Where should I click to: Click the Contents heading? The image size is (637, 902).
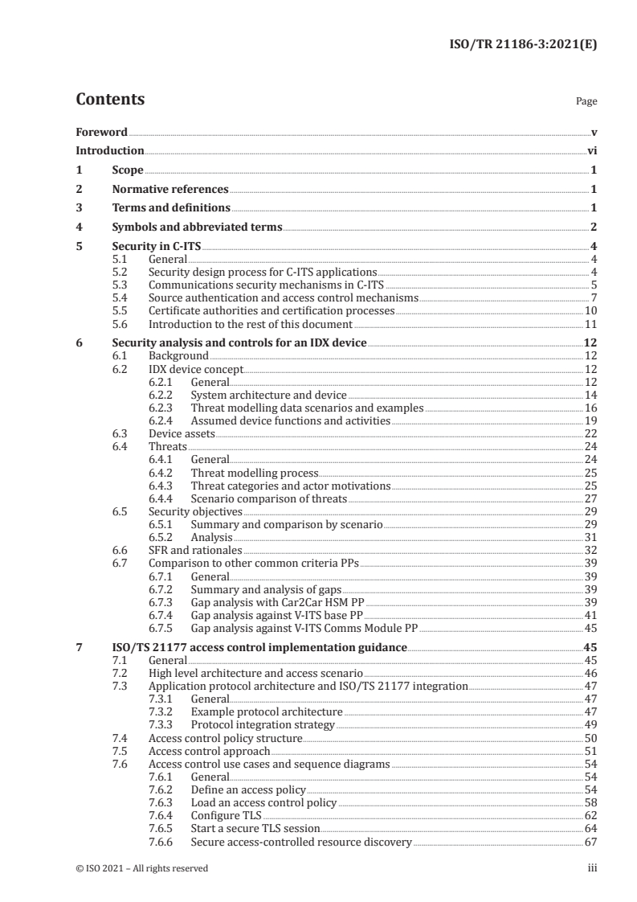(x=110, y=100)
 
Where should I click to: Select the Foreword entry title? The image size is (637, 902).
(x=101, y=132)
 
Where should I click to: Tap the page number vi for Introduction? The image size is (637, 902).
(x=591, y=151)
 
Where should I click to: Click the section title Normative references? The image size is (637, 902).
(x=170, y=189)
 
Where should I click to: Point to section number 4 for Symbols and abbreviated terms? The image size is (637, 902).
(x=79, y=227)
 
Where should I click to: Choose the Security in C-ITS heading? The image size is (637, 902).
(x=157, y=246)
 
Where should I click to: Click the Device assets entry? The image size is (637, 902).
(x=182, y=433)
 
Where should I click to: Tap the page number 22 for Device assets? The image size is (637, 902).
(x=590, y=433)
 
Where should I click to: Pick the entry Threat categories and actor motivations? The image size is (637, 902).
(x=290, y=486)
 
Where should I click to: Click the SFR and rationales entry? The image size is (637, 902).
(x=195, y=551)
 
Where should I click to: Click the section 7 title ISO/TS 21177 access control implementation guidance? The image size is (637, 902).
(x=259, y=646)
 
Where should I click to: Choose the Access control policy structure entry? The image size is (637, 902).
(x=226, y=738)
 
